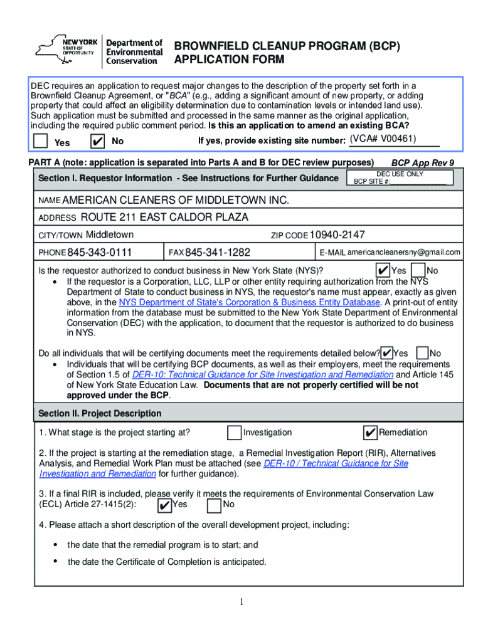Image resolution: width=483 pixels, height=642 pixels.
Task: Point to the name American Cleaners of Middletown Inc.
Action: pyautogui.click(x=176, y=200)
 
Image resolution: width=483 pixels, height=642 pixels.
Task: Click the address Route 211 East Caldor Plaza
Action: pyautogui.click(x=164, y=218)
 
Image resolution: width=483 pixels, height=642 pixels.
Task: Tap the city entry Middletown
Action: pyautogui.click(x=110, y=235)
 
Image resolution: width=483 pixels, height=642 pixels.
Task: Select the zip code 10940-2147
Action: pyautogui.click(x=337, y=235)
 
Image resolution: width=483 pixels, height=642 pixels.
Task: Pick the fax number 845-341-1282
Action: pyautogui.click(x=218, y=253)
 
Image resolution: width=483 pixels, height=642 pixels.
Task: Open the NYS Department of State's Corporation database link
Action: pyautogui.click(x=250, y=302)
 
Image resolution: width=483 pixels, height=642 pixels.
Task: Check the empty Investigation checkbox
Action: pyautogui.click(x=234, y=433)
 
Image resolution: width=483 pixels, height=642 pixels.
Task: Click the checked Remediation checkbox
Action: pyautogui.click(x=370, y=433)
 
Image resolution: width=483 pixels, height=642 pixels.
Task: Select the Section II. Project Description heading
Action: pyautogui.click(x=100, y=414)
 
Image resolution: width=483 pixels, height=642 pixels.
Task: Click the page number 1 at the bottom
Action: pyautogui.click(x=242, y=603)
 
